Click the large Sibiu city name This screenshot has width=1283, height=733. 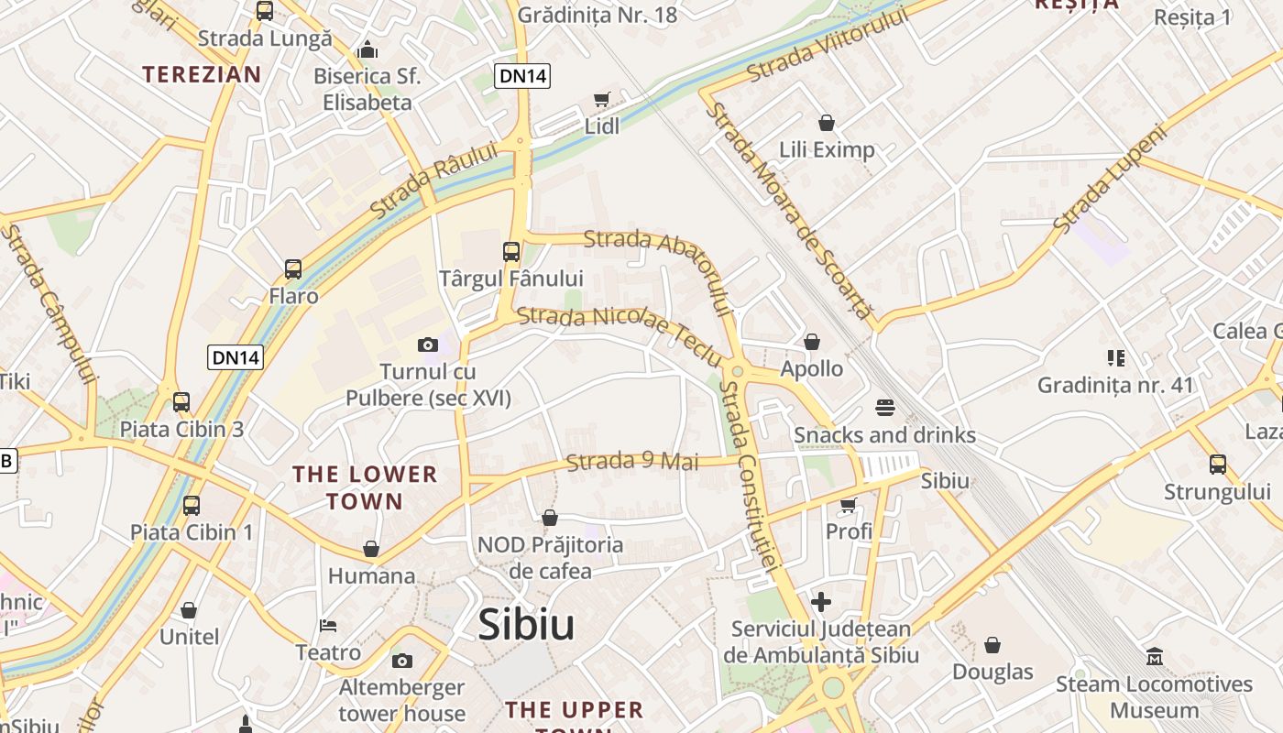[x=526, y=625]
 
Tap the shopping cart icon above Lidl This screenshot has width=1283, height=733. [x=601, y=99]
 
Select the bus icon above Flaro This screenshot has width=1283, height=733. [x=293, y=269]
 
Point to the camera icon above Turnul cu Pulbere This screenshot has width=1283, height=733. [x=427, y=345]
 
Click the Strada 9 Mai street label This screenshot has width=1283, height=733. [x=632, y=461]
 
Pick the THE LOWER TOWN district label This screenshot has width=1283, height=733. [x=365, y=487]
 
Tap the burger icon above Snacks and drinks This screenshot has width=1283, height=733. [x=884, y=407]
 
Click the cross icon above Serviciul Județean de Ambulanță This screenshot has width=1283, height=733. [x=821, y=602]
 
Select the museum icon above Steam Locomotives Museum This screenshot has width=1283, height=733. [x=1154, y=657]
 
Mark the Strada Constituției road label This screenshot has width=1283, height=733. [x=750, y=476]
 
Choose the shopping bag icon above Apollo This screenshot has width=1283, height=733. [x=811, y=342]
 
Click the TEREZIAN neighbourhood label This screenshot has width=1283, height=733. [x=202, y=74]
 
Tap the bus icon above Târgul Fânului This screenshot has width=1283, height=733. [x=510, y=251]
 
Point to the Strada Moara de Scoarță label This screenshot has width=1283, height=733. [x=790, y=210]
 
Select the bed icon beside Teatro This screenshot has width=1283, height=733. [x=328, y=626]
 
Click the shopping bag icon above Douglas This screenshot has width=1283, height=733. [x=992, y=645]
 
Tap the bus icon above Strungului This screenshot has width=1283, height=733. [x=1217, y=465]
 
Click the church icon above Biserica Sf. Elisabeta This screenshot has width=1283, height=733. [x=367, y=49]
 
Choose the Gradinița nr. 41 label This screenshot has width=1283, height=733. [x=1115, y=385]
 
